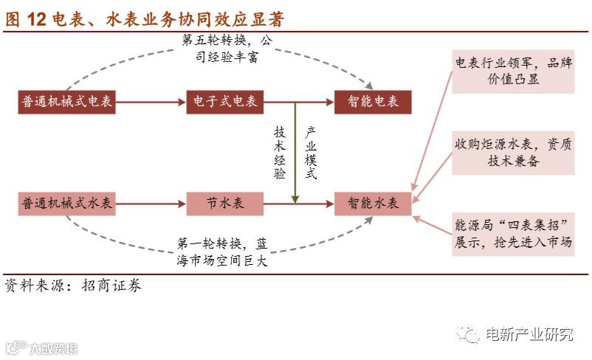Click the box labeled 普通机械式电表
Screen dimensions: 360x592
click(67, 102)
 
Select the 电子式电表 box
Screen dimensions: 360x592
click(226, 102)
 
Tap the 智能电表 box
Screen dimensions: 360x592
click(373, 102)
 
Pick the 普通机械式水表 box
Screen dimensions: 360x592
click(67, 203)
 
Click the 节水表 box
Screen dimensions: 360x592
click(226, 203)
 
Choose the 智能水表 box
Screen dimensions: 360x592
click(373, 203)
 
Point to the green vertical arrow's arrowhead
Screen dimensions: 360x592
click(295, 198)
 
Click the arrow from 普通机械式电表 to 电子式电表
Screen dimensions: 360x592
click(151, 102)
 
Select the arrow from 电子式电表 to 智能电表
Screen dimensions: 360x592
click(299, 102)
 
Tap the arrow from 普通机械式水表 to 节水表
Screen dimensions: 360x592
click(151, 203)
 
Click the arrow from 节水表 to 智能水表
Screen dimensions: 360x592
click(299, 203)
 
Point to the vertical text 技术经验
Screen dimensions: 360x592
click(280, 152)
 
